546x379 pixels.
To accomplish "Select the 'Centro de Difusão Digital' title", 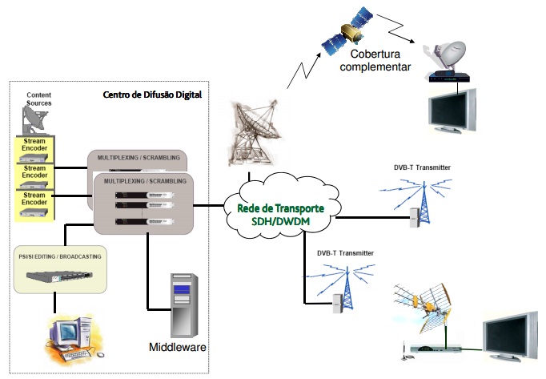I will [152, 95].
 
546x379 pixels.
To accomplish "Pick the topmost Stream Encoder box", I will [34, 147].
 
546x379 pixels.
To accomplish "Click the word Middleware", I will [178, 347].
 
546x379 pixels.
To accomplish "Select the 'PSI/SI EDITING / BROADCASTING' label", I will [61, 257].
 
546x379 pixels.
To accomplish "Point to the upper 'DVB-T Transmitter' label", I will [422, 167].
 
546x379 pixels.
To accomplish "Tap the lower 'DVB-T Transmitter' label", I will [345, 253].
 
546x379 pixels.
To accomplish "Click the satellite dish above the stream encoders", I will [34, 120].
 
